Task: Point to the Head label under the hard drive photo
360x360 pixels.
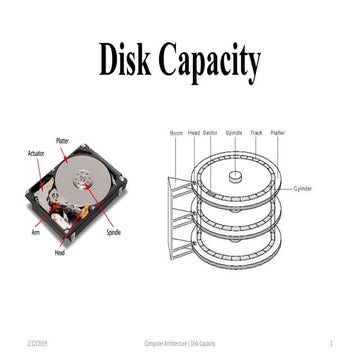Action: pyautogui.click(x=60, y=252)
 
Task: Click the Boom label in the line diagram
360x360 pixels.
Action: pyautogui.click(x=176, y=131)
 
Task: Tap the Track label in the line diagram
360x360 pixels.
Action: pyautogui.click(x=256, y=131)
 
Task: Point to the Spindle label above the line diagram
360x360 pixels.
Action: pyautogui.click(x=233, y=131)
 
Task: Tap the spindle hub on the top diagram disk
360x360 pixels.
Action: pyautogui.click(x=235, y=176)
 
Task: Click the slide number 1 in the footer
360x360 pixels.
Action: pyautogui.click(x=330, y=341)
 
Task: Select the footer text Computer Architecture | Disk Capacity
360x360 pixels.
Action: pyautogui.click(x=180, y=341)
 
